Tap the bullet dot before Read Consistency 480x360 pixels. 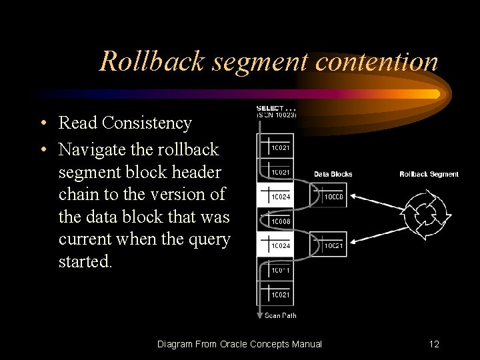[42, 123]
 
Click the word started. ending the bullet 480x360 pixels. [86, 261]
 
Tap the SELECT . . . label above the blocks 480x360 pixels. [277, 108]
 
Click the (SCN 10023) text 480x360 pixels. [277, 115]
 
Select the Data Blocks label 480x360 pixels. [333, 175]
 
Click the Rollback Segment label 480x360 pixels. [429, 175]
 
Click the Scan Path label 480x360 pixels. [281, 316]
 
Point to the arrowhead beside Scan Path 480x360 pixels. [259, 314]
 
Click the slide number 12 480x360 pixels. [434, 344]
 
